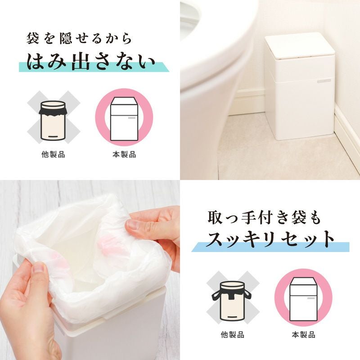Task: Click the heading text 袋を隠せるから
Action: click(x=79, y=38)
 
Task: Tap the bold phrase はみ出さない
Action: click(x=91, y=62)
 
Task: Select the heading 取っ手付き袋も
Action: click(x=264, y=218)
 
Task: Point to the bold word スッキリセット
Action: click(x=270, y=239)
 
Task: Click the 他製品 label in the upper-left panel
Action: click(x=53, y=154)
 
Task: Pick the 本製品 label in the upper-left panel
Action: click(x=124, y=154)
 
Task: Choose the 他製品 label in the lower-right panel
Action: click(x=232, y=334)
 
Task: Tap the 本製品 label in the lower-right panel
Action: click(x=303, y=334)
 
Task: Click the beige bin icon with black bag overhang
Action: click(x=53, y=120)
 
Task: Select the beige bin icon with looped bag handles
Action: click(x=232, y=301)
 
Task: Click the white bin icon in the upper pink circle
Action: click(x=124, y=119)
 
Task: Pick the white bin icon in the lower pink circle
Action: click(x=303, y=299)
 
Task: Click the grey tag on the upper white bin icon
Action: click(x=131, y=118)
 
